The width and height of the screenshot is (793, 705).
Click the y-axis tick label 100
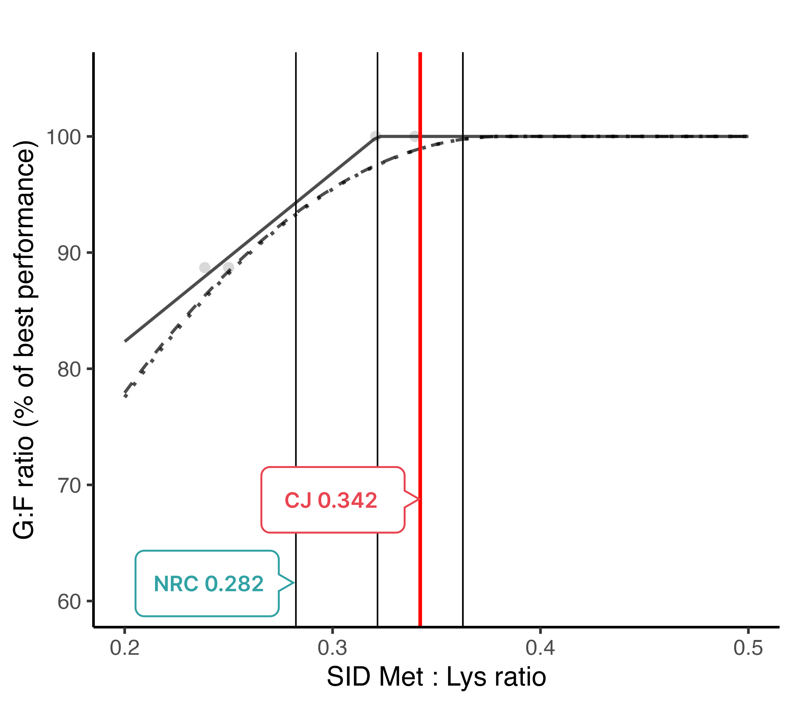[63, 137]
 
